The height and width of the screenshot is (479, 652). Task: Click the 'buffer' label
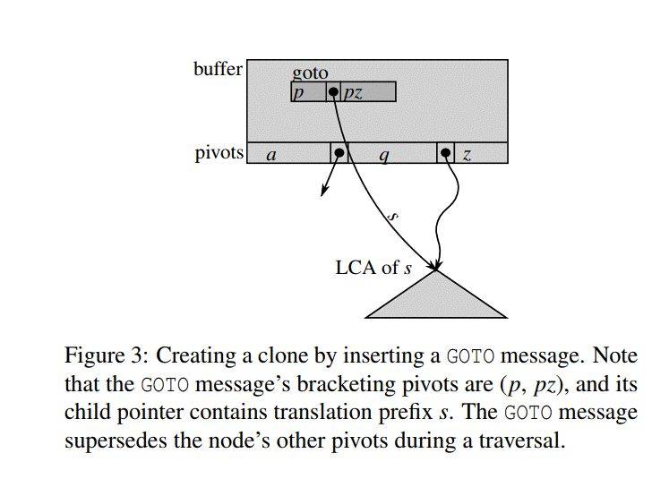pos(218,69)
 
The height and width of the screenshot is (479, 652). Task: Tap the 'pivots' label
pos(219,153)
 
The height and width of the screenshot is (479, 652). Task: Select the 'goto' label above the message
pos(310,73)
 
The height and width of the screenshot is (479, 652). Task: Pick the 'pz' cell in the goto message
pos(353,92)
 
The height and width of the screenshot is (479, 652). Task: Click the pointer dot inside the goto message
pos(333,91)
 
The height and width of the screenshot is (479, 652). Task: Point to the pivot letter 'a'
pos(271,155)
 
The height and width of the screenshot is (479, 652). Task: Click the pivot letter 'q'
pos(384,155)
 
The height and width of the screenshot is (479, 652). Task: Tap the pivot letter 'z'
pos(467,155)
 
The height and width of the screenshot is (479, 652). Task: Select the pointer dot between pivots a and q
pos(339,153)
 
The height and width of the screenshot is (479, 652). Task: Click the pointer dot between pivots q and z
pos(445,153)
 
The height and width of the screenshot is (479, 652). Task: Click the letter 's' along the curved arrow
pos(391,215)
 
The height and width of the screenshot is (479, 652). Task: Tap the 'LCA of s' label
pos(373,267)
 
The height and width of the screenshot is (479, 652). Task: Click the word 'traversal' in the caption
pos(523,441)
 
